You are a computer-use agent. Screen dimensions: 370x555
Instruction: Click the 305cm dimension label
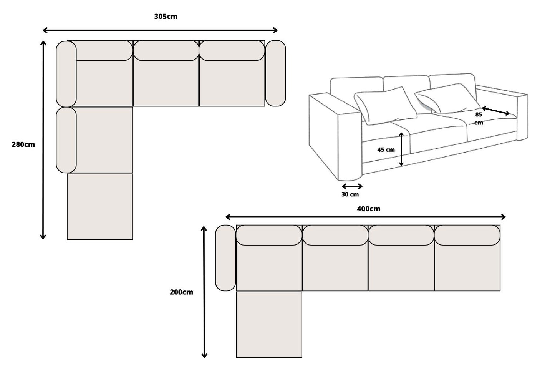click(166, 17)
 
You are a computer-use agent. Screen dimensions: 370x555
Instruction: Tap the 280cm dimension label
click(23, 144)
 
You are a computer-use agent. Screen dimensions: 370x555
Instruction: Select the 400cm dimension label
click(368, 209)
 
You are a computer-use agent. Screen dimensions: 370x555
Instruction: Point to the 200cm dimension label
click(181, 292)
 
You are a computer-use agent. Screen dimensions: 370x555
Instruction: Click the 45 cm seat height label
click(386, 149)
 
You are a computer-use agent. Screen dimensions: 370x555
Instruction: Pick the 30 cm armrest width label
click(350, 194)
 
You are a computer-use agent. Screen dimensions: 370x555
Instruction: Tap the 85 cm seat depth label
click(478, 118)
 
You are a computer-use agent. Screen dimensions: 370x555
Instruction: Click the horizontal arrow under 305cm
click(160, 30)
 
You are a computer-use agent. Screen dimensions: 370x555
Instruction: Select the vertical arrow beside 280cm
click(43, 140)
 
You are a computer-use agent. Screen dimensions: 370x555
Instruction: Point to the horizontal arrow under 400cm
click(365, 217)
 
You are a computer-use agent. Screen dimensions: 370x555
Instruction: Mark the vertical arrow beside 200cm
click(204, 292)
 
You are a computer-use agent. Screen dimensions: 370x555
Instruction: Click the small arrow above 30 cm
click(352, 186)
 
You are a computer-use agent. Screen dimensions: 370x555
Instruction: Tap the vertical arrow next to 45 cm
click(401, 149)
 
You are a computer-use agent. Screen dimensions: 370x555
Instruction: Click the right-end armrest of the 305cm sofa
click(275, 73)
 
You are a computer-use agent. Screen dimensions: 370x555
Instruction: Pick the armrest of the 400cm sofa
click(225, 258)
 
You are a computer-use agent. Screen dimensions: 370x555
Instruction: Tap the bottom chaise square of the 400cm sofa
click(269, 325)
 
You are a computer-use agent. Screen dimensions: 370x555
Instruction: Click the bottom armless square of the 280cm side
click(100, 207)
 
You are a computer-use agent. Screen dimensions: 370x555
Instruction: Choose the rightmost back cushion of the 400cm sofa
click(467, 235)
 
